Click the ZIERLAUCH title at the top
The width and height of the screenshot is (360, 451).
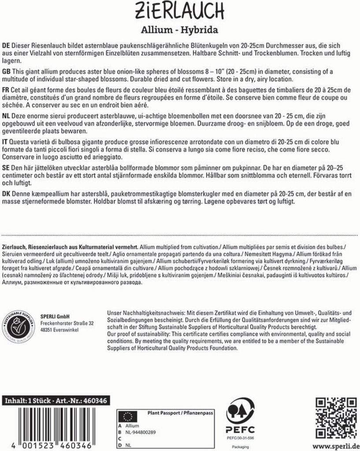point(180,9)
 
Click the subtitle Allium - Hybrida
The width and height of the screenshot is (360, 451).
point(180,30)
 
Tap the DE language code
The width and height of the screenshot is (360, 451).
point(6,46)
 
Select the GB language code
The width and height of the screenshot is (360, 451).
point(7,72)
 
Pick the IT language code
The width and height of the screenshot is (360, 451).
point(5,143)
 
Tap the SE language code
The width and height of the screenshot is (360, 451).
point(6,169)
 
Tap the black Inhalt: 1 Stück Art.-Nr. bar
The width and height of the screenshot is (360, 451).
point(56,401)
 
